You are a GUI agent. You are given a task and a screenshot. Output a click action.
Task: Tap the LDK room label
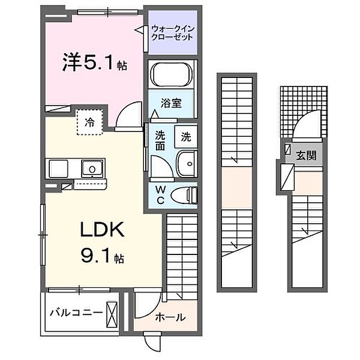pos(102,230)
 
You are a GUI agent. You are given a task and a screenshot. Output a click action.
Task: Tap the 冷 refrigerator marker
pos(89,122)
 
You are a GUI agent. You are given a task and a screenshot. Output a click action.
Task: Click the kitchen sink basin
pos(92,168)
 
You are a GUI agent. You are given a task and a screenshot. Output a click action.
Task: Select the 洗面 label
pos(160,140)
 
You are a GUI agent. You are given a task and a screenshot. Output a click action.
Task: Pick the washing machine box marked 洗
pos(186,136)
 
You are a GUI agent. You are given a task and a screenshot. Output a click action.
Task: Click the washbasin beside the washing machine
pos(187,162)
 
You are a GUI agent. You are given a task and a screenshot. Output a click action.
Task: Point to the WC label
pos(161,195)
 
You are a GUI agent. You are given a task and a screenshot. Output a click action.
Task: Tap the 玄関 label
pos(306,155)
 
